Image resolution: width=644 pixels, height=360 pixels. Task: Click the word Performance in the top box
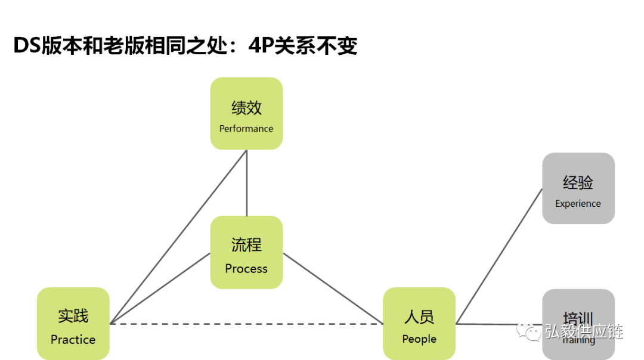pos(246,129)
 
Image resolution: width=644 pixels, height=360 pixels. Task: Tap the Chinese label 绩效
pos(246,108)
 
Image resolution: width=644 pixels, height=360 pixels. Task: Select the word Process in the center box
pos(246,269)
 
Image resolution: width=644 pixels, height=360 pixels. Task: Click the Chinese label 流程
pos(246,244)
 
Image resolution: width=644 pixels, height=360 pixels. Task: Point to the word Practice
pos(73,340)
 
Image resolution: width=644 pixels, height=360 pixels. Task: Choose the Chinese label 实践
pos(73,316)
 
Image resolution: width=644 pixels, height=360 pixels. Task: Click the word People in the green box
pos(419,339)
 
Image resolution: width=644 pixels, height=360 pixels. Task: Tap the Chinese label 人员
pos(419,316)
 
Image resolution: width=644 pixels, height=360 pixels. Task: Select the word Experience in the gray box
pos(578,204)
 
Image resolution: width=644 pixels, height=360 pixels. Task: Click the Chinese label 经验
pos(578,182)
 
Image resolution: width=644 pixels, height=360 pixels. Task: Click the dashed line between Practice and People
pos(246,324)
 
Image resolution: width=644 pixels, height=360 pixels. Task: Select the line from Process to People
pos(333,288)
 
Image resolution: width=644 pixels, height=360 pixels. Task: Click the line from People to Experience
pos(499,256)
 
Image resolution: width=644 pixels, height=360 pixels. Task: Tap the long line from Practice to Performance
pos(179,237)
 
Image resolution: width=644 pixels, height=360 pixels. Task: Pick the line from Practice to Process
pos(160,288)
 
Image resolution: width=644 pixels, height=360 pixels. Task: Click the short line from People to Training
pos(499,324)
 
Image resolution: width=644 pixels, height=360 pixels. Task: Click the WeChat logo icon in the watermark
pos(528,331)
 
